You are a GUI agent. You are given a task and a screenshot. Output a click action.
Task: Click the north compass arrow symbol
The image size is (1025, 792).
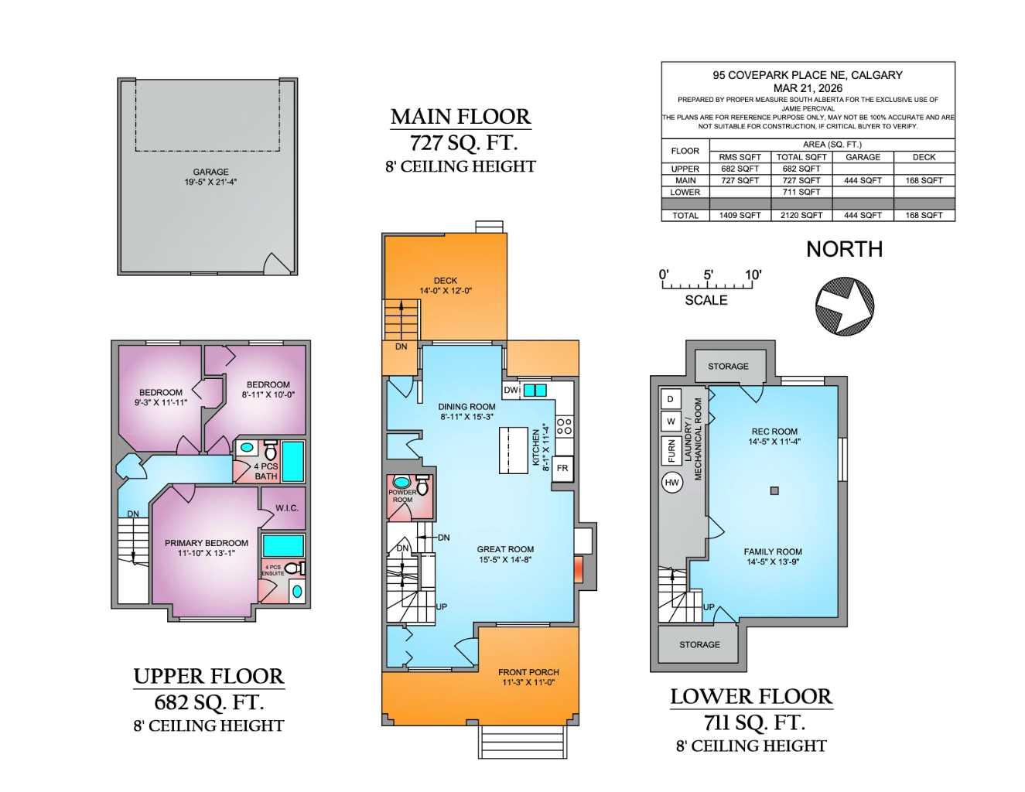pyautogui.click(x=845, y=307)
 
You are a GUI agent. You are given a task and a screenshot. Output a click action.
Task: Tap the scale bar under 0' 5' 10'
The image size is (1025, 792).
pyautogui.click(x=706, y=286)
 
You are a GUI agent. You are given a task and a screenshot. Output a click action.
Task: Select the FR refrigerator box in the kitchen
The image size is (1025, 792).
pyautogui.click(x=562, y=469)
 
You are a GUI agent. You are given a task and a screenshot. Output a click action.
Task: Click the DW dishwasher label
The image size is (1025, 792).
pyautogui.click(x=511, y=391)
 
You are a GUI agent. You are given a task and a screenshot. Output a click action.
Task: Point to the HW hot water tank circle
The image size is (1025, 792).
pyautogui.click(x=671, y=483)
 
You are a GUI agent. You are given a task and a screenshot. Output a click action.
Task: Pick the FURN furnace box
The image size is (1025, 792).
pyautogui.click(x=671, y=450)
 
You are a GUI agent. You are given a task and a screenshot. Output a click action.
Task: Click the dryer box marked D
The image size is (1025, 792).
pyautogui.click(x=671, y=399)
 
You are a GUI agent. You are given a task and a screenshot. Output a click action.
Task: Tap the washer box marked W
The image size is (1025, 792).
pyautogui.click(x=671, y=422)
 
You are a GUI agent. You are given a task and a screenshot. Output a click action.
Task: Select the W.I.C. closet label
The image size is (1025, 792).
pyautogui.click(x=286, y=508)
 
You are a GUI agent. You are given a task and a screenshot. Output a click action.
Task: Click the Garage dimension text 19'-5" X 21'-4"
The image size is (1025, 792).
pyautogui.click(x=210, y=183)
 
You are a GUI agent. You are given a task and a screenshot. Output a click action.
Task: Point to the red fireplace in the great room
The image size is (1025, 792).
pyautogui.click(x=578, y=568)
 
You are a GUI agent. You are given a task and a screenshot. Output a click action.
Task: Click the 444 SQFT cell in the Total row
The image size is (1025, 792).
pyautogui.click(x=863, y=216)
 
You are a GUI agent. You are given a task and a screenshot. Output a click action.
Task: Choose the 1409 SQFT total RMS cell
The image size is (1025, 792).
pyautogui.click(x=740, y=216)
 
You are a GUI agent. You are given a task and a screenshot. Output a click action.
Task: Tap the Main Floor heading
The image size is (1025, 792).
pyautogui.click(x=460, y=117)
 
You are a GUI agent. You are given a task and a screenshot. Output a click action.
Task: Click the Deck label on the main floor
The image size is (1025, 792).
pyautogui.click(x=446, y=281)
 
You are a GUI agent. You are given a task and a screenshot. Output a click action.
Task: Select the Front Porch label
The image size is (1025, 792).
pyautogui.click(x=528, y=672)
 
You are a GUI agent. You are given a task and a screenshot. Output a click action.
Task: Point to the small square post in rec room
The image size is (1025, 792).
pyautogui.click(x=774, y=490)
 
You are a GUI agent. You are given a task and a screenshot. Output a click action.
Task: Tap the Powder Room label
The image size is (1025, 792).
pyautogui.click(x=402, y=496)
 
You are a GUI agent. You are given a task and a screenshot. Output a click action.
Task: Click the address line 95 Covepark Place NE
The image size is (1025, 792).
pyautogui.click(x=807, y=75)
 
